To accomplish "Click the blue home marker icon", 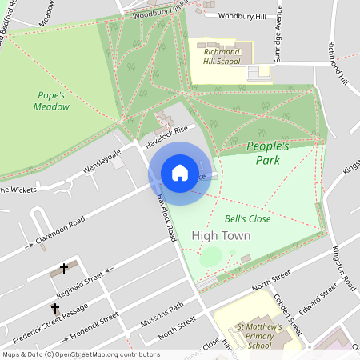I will (179, 173).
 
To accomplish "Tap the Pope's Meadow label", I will (51, 101).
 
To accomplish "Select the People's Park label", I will (267, 153).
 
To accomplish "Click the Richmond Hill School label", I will (222, 55).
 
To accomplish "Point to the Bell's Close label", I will (247, 218).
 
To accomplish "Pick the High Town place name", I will (222, 235).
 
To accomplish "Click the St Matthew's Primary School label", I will (259, 337).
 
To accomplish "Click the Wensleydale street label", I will (102, 160).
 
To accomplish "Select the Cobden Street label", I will (291, 313).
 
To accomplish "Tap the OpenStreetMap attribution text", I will (80, 354).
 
